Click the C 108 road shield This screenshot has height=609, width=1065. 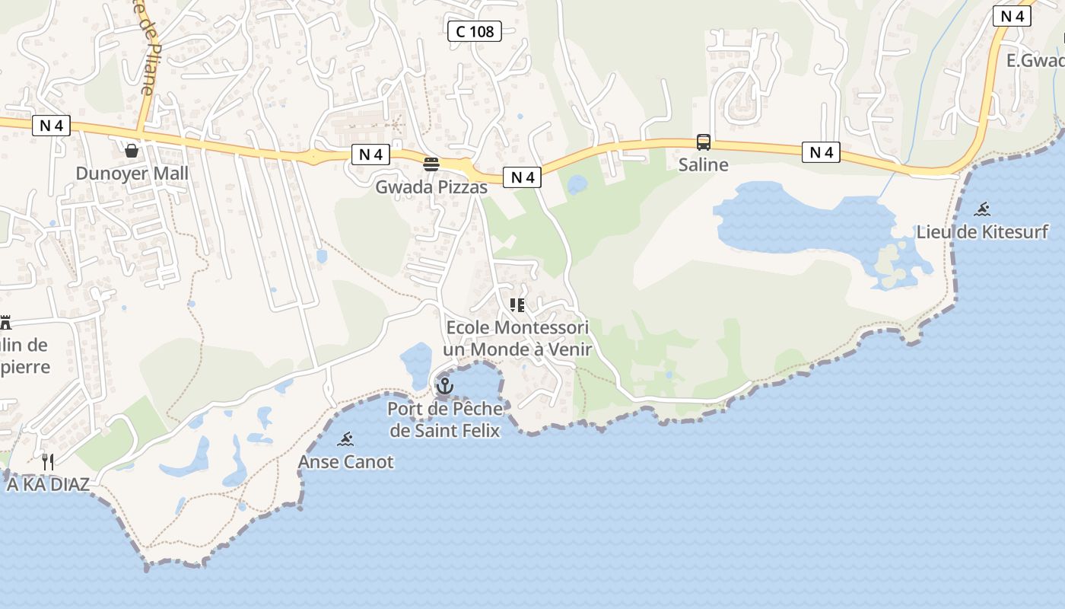click(x=474, y=31)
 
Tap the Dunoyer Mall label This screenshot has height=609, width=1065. click(x=132, y=174)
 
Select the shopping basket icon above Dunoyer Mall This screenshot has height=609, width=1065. click(x=132, y=150)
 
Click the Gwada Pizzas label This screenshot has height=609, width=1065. click(x=431, y=187)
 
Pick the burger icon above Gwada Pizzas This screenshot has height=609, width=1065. click(x=431, y=164)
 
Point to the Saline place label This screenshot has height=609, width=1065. click(x=703, y=164)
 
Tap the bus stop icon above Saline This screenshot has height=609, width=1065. click(x=704, y=142)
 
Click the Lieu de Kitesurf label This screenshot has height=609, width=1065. click(x=982, y=231)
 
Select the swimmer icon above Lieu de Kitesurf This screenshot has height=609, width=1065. click(x=983, y=209)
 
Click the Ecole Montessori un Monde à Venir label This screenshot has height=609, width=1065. click(x=517, y=339)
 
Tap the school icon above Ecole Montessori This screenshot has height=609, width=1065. click(x=517, y=306)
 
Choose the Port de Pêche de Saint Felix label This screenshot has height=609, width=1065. click(x=445, y=419)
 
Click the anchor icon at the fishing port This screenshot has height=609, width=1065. click(x=445, y=386)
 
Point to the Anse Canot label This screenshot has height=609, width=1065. click(x=346, y=461)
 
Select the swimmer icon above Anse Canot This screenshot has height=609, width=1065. click(x=346, y=438)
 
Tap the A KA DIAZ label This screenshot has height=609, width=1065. click(x=48, y=484)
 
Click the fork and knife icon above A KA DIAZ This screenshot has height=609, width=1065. click(x=48, y=461)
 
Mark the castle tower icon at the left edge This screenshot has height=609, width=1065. click(x=5, y=322)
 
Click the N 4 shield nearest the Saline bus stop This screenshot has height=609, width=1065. click(x=821, y=152)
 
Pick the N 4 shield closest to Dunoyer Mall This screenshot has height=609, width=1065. click(x=51, y=126)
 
